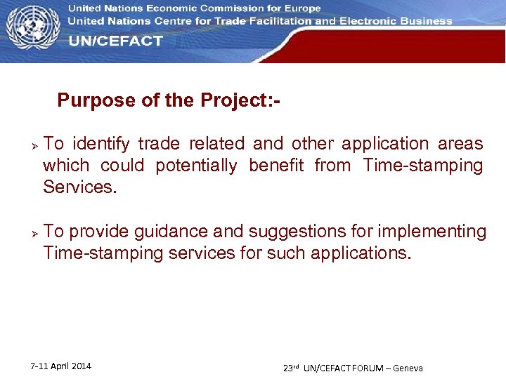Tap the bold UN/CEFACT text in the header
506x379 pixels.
click(115, 41)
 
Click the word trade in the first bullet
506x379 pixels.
click(158, 144)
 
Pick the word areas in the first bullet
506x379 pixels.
click(460, 144)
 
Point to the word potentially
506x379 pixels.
click(196, 166)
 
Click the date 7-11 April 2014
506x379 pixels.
click(60, 366)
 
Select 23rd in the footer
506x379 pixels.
click(291, 367)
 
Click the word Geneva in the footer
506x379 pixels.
click(408, 368)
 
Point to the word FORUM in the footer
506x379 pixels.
click(365, 368)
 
